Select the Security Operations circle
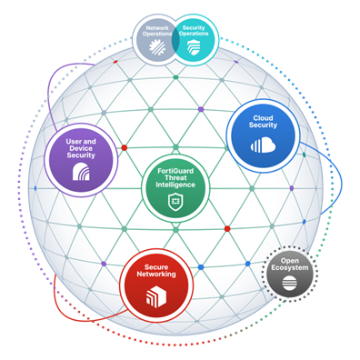(x=194, y=37)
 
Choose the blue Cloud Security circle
(x=263, y=135)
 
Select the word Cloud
(x=264, y=118)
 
